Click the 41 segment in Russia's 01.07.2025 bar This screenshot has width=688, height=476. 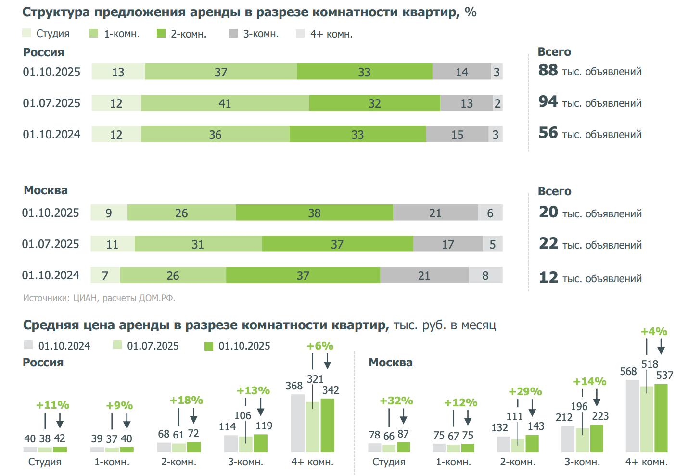pos(225,103)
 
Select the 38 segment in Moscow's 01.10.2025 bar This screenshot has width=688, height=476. pos(314,213)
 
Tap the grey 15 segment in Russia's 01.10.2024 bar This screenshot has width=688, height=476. pos(457,135)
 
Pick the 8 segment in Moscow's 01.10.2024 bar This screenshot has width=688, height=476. pos(485,276)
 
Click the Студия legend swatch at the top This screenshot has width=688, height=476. pos(26,33)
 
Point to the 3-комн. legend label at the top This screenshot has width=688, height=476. pos(261,34)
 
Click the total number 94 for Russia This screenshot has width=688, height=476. pos(548,101)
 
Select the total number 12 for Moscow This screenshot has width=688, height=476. pos(548,277)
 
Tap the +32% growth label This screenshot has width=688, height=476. pos(396,401)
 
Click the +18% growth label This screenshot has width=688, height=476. pos(186,401)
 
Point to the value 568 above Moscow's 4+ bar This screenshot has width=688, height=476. pos(628,371)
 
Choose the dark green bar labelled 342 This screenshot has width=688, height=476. pos(327,426)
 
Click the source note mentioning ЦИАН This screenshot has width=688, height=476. pos(99,298)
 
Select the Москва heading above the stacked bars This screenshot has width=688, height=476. pos(46,190)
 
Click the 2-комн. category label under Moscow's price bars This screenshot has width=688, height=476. pos(518,462)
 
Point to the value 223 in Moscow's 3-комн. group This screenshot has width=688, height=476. pos(600,416)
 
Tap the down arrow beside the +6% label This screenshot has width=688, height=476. pos(328,362)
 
